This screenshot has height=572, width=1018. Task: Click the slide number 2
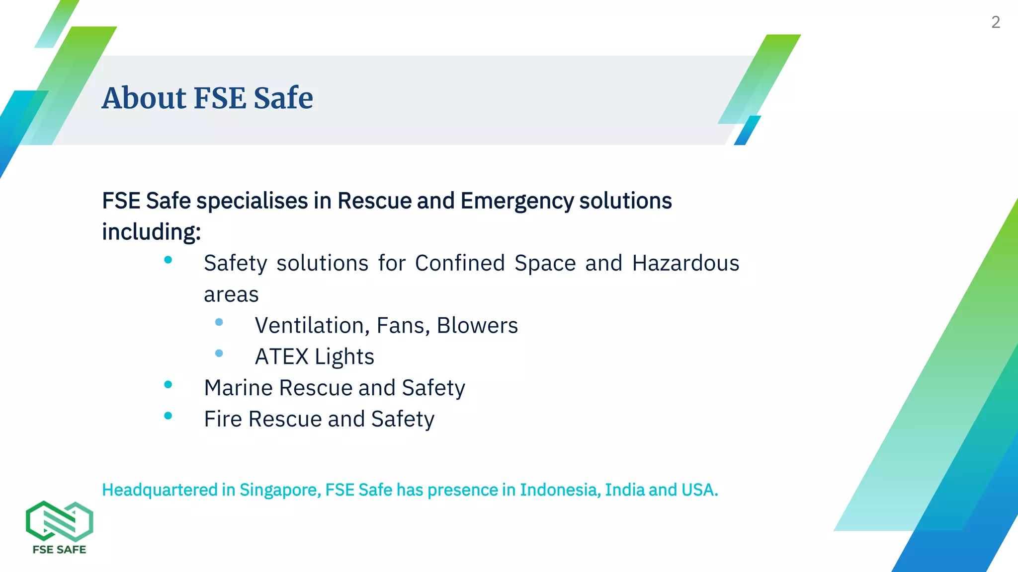(995, 22)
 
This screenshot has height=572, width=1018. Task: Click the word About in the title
(144, 98)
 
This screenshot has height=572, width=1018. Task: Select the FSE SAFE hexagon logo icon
(59, 521)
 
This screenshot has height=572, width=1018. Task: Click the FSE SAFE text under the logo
(59, 550)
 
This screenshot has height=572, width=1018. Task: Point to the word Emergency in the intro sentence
(517, 202)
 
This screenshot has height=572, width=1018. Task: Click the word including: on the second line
(151, 232)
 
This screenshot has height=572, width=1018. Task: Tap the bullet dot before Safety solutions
(168, 260)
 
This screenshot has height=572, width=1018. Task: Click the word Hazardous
(685, 263)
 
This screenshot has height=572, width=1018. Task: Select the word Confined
(460, 263)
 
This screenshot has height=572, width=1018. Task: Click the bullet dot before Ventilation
(219, 322)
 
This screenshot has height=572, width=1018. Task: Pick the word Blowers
(477, 326)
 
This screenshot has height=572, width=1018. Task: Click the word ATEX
(282, 357)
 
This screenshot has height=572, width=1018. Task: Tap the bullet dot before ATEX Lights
(219, 354)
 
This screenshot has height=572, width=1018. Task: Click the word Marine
(239, 388)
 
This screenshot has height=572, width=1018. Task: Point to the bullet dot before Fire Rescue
(168, 416)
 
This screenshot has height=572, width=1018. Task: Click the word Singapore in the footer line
(280, 490)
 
